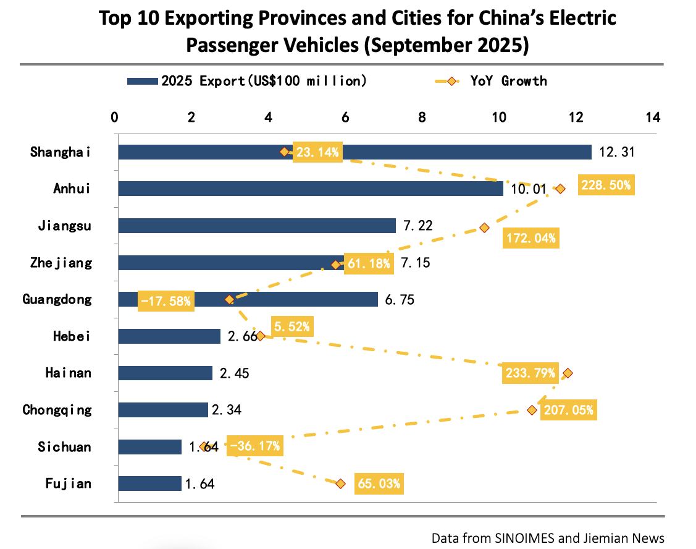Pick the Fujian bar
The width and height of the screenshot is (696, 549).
tap(149, 483)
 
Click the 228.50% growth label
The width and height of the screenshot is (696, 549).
tap(606, 185)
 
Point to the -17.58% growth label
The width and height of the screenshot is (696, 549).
tap(166, 301)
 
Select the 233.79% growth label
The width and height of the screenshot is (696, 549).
tap(530, 373)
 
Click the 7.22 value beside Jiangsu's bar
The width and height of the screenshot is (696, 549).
tap(418, 226)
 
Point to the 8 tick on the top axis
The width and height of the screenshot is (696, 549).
tap(422, 117)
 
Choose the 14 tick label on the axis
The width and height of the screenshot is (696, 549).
tap(652, 117)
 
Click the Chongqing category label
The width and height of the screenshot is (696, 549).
tap(57, 410)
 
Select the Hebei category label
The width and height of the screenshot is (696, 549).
tap(72, 336)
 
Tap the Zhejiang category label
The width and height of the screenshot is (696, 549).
tap(61, 263)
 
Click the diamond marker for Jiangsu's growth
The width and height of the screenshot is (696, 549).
tap(484, 228)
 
